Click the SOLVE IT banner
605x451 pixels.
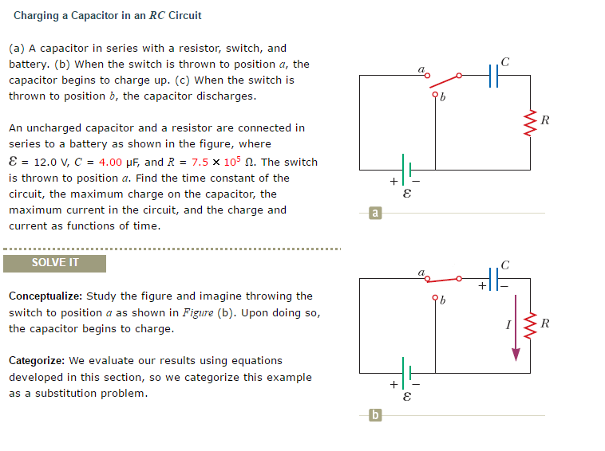point(55,264)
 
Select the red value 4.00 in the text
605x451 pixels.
point(110,162)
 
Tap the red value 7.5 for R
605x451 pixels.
point(200,162)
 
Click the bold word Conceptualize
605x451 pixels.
point(45,296)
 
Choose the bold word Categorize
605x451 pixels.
point(37,360)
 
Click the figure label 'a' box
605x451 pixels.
point(375,213)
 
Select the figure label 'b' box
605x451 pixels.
point(375,415)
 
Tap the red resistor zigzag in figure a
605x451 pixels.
point(530,124)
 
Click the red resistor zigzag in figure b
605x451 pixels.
point(530,326)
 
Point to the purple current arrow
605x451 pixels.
point(516,328)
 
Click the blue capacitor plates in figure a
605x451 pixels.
point(493,76)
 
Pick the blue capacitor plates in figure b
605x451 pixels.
point(493,279)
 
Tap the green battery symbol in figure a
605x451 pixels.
point(407,170)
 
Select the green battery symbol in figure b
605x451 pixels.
point(407,373)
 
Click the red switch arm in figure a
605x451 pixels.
point(444,81)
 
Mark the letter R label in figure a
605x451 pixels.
point(545,120)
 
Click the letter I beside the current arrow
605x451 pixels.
point(508,325)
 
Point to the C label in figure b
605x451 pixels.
point(505,265)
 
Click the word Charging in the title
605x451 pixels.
point(37,16)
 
